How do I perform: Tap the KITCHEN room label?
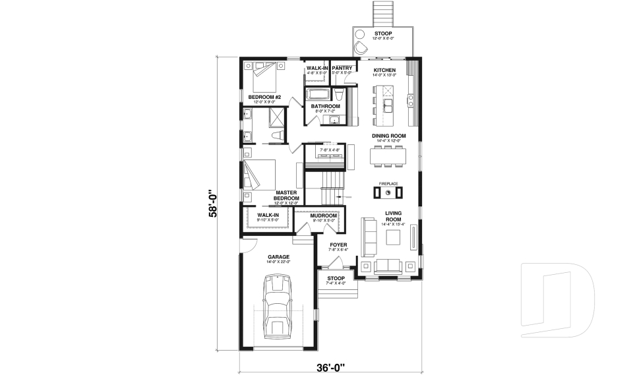pyautogui.click(x=384, y=70)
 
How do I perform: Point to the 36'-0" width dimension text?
pyautogui.click(x=329, y=366)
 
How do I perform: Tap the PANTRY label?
pyautogui.click(x=342, y=67)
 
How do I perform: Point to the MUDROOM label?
pyautogui.click(x=324, y=216)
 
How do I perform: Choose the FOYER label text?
pyautogui.click(x=338, y=245)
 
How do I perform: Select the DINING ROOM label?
pyautogui.click(x=388, y=136)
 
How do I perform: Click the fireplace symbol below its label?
pyautogui.click(x=388, y=192)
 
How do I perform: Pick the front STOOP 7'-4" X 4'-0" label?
pyautogui.click(x=337, y=279)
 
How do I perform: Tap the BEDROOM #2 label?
pyautogui.click(x=264, y=98)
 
